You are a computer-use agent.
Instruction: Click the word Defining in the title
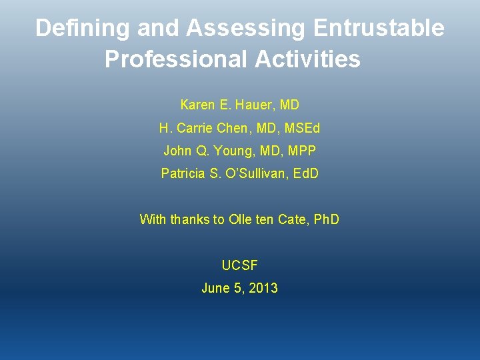[83, 29]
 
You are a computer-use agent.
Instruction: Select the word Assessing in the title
[247, 29]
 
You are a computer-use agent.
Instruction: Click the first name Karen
[197, 105]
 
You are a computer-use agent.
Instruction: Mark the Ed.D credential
[305, 174]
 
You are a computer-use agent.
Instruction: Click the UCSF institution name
[239, 265]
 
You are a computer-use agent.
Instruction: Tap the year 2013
[263, 289]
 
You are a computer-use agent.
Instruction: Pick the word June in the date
[215, 289]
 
